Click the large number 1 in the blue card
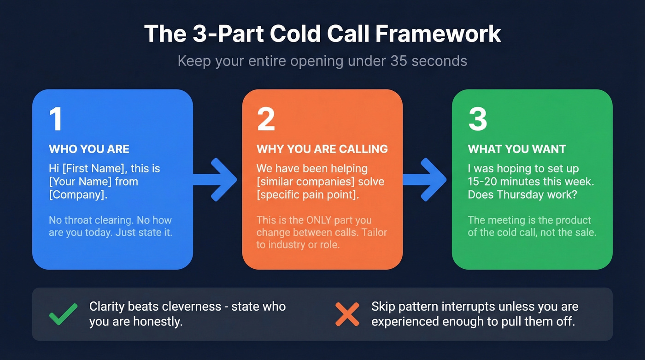tap(56, 119)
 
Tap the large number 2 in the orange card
tap(266, 119)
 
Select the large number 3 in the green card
tap(477, 119)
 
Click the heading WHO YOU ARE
tap(89, 149)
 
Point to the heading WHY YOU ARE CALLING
tap(322, 149)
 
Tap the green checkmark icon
tap(63, 314)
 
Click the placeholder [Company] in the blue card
tap(77, 195)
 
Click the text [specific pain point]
tap(307, 195)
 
